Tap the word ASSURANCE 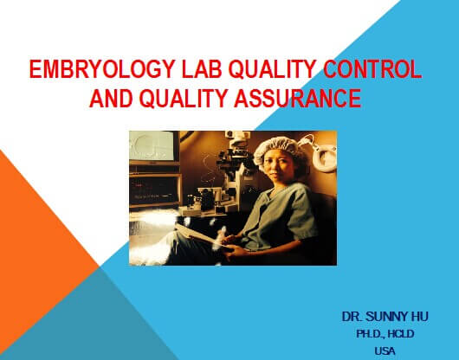(298, 98)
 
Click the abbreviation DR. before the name (352, 317)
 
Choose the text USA (385, 350)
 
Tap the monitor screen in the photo (152, 145)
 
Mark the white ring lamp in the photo (325, 157)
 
